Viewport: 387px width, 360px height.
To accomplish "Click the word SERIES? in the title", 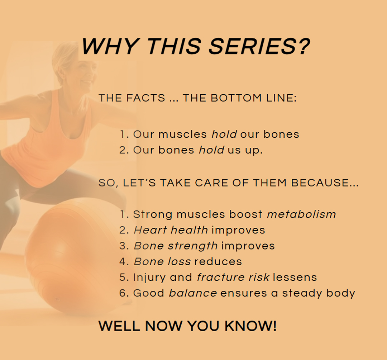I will click(259, 46).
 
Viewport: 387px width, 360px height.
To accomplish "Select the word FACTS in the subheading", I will click(146, 98).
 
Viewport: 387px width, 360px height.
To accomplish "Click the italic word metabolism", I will click(301, 214).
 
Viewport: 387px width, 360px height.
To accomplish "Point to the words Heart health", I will click(171, 230).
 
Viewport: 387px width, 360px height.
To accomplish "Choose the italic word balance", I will click(193, 293).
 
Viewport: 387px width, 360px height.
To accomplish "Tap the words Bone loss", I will click(162, 262).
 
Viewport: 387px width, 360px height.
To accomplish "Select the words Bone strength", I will click(176, 246).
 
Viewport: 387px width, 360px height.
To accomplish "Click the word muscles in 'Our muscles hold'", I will click(183, 134).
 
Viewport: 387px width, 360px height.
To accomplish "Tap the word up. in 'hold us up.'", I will click(254, 150).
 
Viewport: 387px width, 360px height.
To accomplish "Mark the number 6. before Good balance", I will click(124, 293).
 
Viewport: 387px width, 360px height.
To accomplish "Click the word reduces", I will click(218, 262).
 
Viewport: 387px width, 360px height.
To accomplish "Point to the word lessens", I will click(295, 278).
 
